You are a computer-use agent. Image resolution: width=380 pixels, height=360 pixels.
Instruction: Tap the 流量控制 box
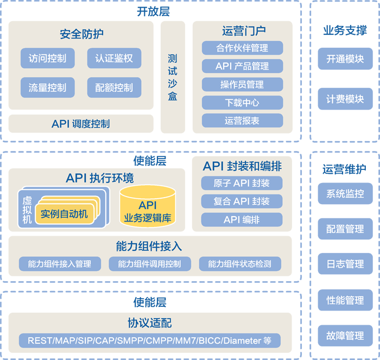[48, 87]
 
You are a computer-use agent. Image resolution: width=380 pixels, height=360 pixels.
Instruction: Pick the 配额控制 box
[114, 87]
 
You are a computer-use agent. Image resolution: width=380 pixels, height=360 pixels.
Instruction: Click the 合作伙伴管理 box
[242, 48]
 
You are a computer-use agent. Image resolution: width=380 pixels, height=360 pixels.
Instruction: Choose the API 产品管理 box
[242, 66]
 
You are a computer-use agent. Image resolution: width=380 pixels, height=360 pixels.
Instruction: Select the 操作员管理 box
[242, 85]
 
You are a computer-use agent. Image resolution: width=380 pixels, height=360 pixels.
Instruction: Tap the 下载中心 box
[242, 103]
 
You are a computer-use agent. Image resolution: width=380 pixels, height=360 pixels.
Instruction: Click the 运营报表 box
[242, 121]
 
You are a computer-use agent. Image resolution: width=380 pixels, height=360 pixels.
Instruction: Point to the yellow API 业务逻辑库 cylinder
[148, 207]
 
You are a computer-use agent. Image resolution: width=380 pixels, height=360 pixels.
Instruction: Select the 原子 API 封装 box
[242, 183]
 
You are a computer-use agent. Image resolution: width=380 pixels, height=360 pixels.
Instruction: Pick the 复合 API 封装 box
[242, 201]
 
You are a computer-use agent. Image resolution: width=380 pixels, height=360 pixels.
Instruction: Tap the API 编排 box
[242, 220]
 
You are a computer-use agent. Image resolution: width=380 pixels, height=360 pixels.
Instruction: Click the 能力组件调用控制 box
[149, 264]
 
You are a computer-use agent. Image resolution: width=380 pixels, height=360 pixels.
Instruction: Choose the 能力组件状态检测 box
[239, 264]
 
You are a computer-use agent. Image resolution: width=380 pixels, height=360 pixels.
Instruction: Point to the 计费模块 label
[345, 99]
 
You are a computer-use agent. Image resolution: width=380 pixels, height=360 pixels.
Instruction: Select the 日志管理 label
[345, 264]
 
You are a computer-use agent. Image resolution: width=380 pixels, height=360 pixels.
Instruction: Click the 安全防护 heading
[81, 34]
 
